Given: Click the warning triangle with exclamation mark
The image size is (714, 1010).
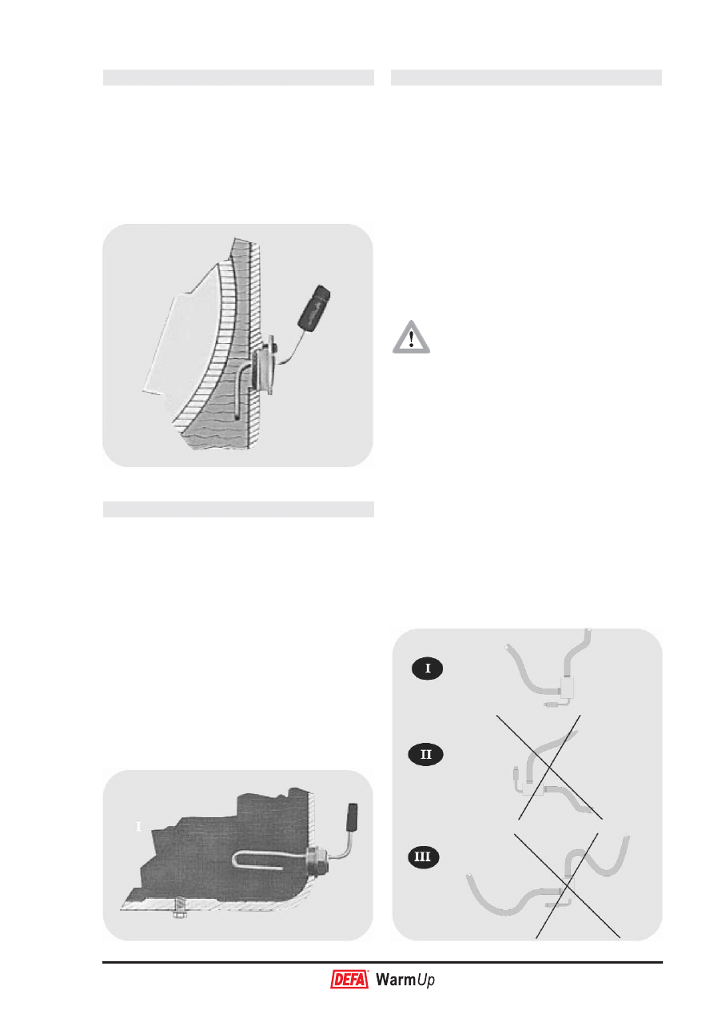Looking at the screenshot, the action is click(411, 338).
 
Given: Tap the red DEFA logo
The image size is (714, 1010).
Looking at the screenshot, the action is click(349, 980).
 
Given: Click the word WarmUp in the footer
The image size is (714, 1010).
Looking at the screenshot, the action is click(405, 980).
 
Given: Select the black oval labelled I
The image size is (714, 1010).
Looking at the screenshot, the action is click(427, 668).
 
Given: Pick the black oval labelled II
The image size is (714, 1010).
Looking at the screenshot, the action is click(425, 754).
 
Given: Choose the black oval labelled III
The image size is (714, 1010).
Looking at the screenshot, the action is click(422, 856).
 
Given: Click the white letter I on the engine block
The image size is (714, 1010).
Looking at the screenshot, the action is click(138, 827).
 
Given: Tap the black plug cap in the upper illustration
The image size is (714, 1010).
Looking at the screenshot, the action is click(314, 306).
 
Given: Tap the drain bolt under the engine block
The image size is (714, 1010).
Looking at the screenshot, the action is click(179, 905).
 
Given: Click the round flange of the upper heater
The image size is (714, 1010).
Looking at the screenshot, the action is click(266, 365).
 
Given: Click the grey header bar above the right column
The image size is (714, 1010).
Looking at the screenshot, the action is click(526, 78).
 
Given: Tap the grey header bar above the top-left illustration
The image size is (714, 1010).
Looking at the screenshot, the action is click(238, 78).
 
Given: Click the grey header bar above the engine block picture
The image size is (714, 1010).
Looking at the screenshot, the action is click(238, 509).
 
